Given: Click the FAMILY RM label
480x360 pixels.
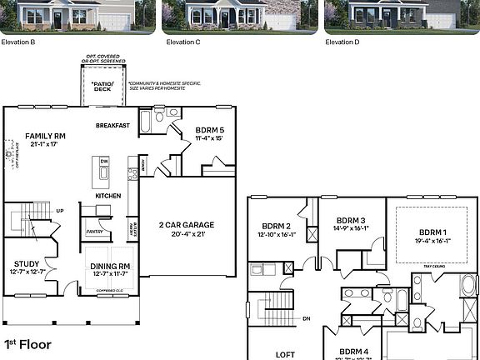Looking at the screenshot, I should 45,135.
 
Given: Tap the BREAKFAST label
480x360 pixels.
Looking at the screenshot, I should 112,126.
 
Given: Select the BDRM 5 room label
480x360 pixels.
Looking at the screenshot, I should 209,129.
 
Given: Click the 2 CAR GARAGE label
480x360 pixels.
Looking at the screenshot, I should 187,225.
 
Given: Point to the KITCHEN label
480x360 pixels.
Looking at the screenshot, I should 108,196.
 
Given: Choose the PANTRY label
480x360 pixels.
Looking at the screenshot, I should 94,232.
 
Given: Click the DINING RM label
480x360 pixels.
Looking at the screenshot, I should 109,266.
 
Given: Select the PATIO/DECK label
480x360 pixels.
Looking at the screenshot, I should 102,86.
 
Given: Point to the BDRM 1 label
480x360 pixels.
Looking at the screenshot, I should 433,232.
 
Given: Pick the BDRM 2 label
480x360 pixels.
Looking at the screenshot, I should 276,226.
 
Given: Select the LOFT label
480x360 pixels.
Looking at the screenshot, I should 285,354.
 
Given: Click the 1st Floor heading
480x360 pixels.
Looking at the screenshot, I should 27,343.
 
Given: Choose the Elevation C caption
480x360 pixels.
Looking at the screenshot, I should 183,42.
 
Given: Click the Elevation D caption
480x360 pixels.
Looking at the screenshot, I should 341,42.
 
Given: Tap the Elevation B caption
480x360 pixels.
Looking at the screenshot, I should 18,42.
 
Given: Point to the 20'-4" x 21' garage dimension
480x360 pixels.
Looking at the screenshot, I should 187,234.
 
